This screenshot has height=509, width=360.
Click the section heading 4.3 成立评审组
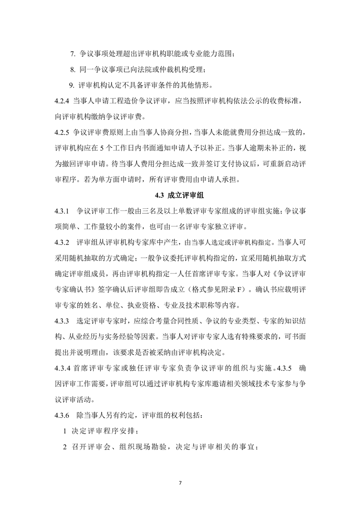pyautogui.click(x=180, y=196)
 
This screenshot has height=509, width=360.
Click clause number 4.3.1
pyautogui.click(x=62, y=211)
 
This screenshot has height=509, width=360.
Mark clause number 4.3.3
pyautogui.click(x=62, y=322)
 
